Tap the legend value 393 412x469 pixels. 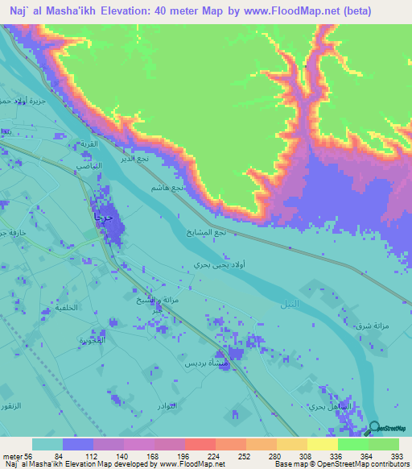pyautogui.click(x=396, y=456)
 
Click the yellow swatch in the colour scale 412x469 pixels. pyautogui.click(x=322, y=444)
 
